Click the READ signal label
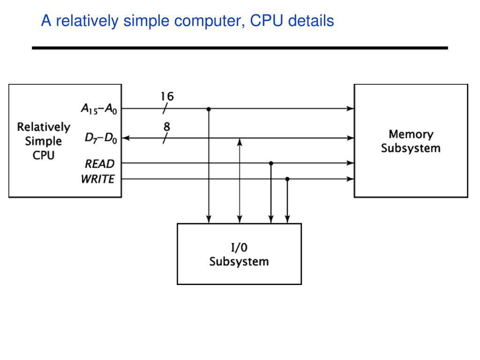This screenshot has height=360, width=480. pos(99,164)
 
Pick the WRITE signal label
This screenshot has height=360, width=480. pos(97,179)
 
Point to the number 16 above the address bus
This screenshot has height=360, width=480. pos(167,97)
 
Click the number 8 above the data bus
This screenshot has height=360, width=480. pos(167,127)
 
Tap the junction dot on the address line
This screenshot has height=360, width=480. pos(209,109)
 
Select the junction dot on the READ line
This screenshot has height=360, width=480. pos(271,163)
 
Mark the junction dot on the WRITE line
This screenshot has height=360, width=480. pos(287,179)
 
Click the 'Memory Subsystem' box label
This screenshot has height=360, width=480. pos(411,141)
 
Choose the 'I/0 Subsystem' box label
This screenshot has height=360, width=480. pos(239,255)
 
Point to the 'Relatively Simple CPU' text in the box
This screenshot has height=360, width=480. pos(44,141)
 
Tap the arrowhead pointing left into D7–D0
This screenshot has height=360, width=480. pos(126,138)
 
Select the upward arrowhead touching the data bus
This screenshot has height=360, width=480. pos(240,142)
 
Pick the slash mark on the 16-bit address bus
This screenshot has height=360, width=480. pos(165,109)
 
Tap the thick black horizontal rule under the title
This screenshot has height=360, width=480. pos(240,48)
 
